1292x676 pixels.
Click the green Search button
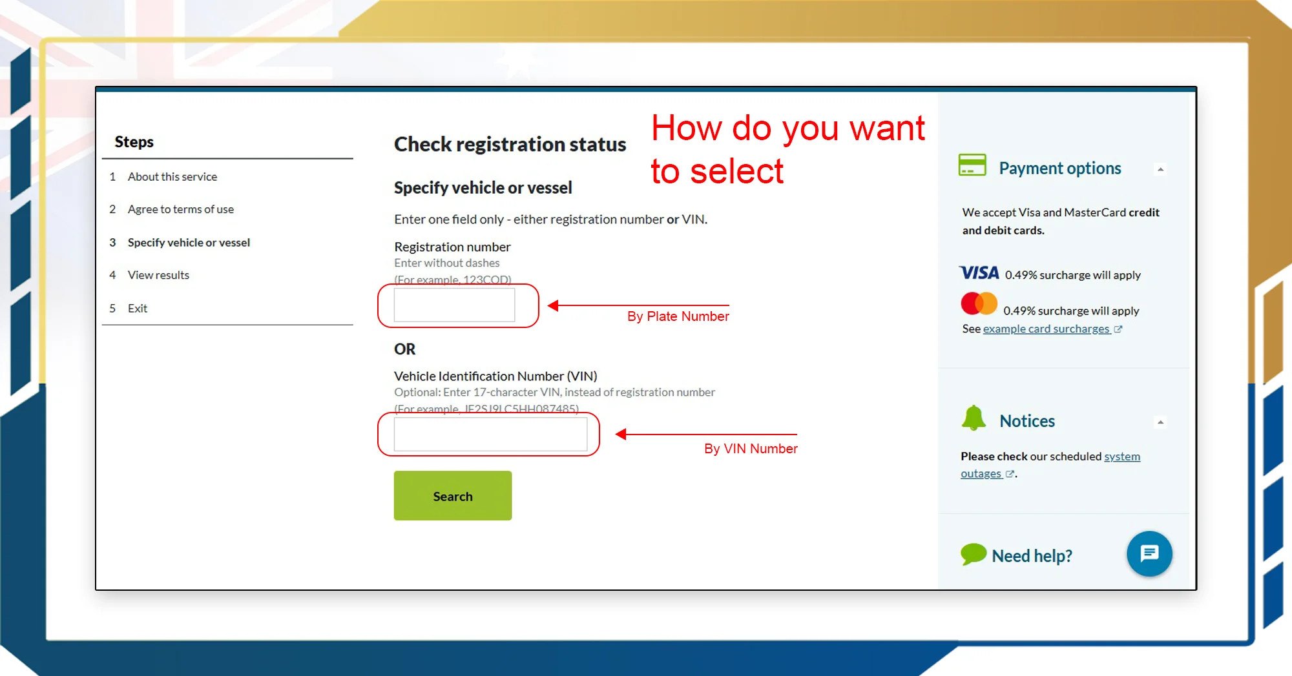tap(452, 495)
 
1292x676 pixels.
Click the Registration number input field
tap(454, 305)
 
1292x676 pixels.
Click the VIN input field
tap(490, 434)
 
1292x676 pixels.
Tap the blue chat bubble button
tap(1149, 553)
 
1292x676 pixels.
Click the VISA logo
tap(979, 273)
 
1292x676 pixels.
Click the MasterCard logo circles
tap(979, 303)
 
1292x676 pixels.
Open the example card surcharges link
tap(1046, 329)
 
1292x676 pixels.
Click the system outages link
tap(1121, 456)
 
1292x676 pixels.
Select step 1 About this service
tap(172, 176)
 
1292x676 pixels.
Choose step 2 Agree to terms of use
tap(180, 209)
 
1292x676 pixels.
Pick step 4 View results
tap(158, 275)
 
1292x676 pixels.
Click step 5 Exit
tap(137, 309)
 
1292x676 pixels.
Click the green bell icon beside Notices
tap(974, 418)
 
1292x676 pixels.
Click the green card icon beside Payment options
tap(972, 165)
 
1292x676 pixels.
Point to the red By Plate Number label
tap(678, 316)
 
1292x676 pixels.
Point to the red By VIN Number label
tap(751, 449)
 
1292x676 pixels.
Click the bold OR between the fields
tap(405, 349)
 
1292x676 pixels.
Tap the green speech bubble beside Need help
tap(973, 554)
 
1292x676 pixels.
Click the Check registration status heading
tap(510, 144)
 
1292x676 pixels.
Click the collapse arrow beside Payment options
tap(1160, 169)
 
